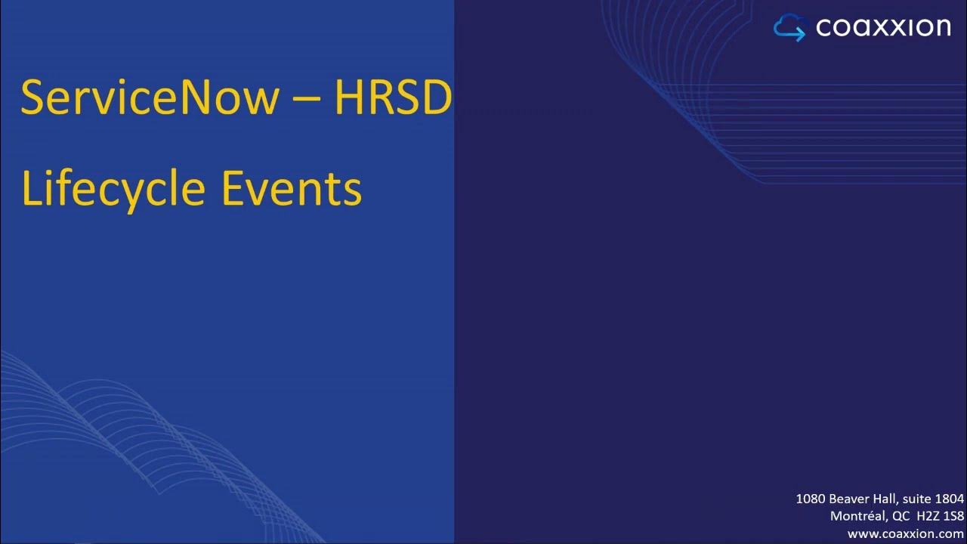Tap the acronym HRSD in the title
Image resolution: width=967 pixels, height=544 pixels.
pyautogui.click(x=393, y=98)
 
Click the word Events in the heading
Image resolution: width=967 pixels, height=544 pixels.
pyautogui.click(x=292, y=189)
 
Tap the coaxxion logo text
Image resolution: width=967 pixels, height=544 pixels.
pyautogui.click(x=883, y=28)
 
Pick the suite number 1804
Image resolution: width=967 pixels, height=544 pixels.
pyautogui.click(x=949, y=499)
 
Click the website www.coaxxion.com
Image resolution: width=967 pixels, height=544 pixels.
pyautogui.click(x=906, y=533)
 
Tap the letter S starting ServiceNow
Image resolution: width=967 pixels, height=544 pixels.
pyautogui.click(x=32, y=98)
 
